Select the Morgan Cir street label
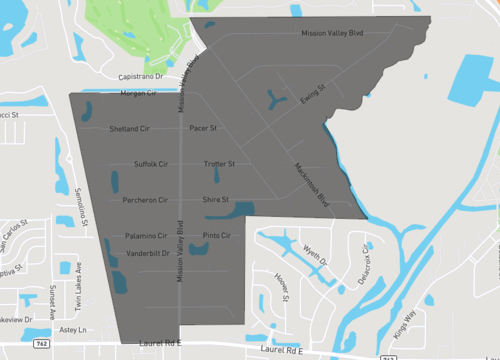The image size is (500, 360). (x=138, y=93)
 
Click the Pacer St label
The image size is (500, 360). (x=203, y=129)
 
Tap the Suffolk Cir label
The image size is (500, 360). (x=151, y=164)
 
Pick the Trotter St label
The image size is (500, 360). (x=218, y=164)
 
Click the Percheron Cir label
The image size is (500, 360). (x=144, y=200)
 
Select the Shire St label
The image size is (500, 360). (x=216, y=200)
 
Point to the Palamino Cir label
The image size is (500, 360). (x=146, y=236)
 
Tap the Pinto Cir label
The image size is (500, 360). (x=217, y=236)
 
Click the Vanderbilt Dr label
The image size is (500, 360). (x=148, y=254)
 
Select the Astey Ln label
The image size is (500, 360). (x=73, y=329)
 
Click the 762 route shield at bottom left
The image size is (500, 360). (x=41, y=343)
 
